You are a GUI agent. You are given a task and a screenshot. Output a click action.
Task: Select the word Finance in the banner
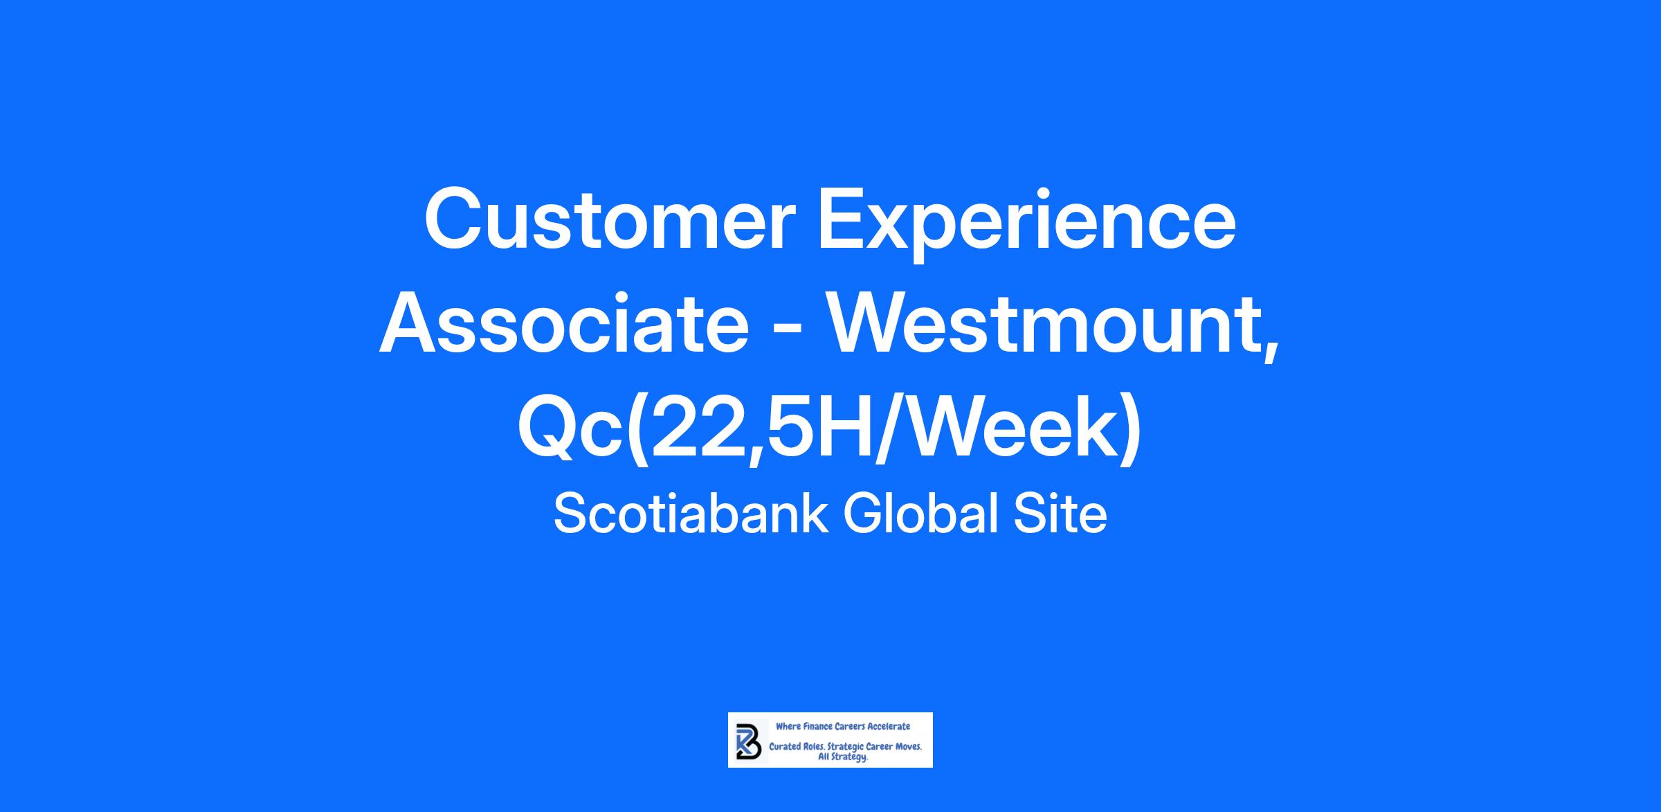click(x=817, y=727)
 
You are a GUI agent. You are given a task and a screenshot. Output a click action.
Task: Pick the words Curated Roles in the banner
click(x=797, y=748)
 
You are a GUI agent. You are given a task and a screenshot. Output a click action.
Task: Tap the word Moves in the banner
click(x=909, y=748)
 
